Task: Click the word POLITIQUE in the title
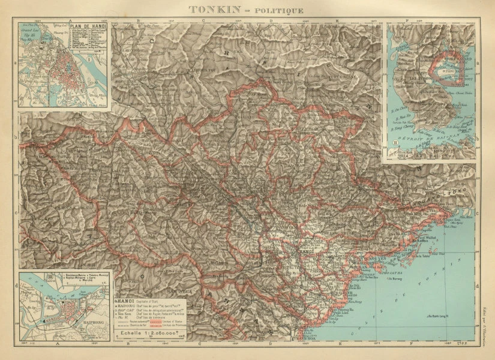point(280,10)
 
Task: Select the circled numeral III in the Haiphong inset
point(25,277)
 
